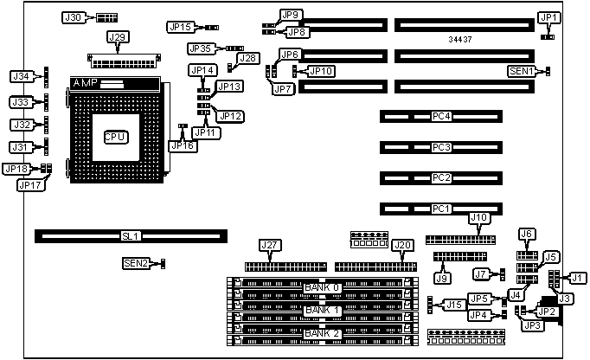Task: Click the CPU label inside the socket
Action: coord(114,136)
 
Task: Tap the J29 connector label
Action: coord(117,37)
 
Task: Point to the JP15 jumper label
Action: coord(182,28)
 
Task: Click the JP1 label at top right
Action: coord(549,18)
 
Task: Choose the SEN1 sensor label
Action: coord(521,71)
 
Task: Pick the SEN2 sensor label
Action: coord(136,262)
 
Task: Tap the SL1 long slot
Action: coord(131,235)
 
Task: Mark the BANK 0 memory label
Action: coord(322,287)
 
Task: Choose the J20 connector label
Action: coord(402,246)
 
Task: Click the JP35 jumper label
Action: coord(202,48)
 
